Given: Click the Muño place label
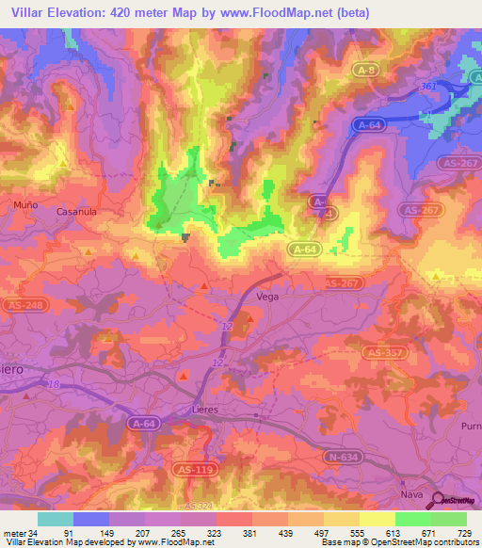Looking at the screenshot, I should pyautogui.click(x=25, y=203).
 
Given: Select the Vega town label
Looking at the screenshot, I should pyautogui.click(x=295, y=295).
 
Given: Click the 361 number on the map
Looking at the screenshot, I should pyautogui.click(x=428, y=86).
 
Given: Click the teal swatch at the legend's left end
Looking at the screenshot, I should pyautogui.click(x=56, y=519).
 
